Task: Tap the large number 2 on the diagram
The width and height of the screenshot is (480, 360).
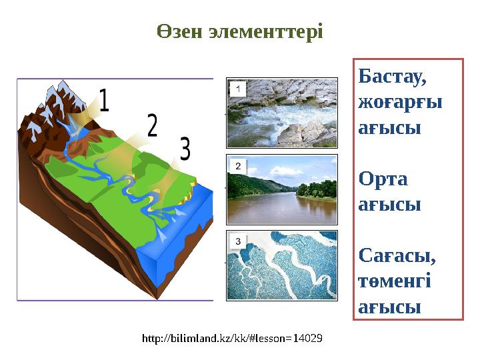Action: click(x=152, y=125)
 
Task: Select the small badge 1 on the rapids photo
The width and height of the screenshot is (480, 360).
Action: click(x=237, y=88)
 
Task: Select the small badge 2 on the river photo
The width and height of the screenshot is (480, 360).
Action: click(x=237, y=164)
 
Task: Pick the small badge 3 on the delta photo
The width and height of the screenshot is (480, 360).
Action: click(x=237, y=240)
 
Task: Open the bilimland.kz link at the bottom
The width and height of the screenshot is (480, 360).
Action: click(x=233, y=338)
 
